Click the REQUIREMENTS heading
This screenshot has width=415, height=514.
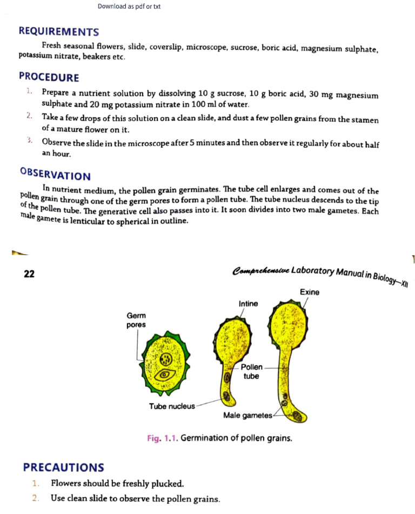(59, 32)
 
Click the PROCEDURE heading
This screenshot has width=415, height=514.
(49, 77)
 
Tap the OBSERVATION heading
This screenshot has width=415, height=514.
(55, 175)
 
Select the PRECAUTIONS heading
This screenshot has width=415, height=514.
(64, 467)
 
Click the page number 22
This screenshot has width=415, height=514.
(29, 273)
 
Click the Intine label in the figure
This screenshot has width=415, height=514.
(248, 304)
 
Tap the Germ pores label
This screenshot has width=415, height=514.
(136, 319)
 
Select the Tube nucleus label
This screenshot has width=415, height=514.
(171, 406)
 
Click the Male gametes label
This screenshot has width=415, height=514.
(248, 415)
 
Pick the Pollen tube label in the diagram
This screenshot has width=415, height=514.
(251, 371)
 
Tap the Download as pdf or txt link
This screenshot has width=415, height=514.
(129, 6)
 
